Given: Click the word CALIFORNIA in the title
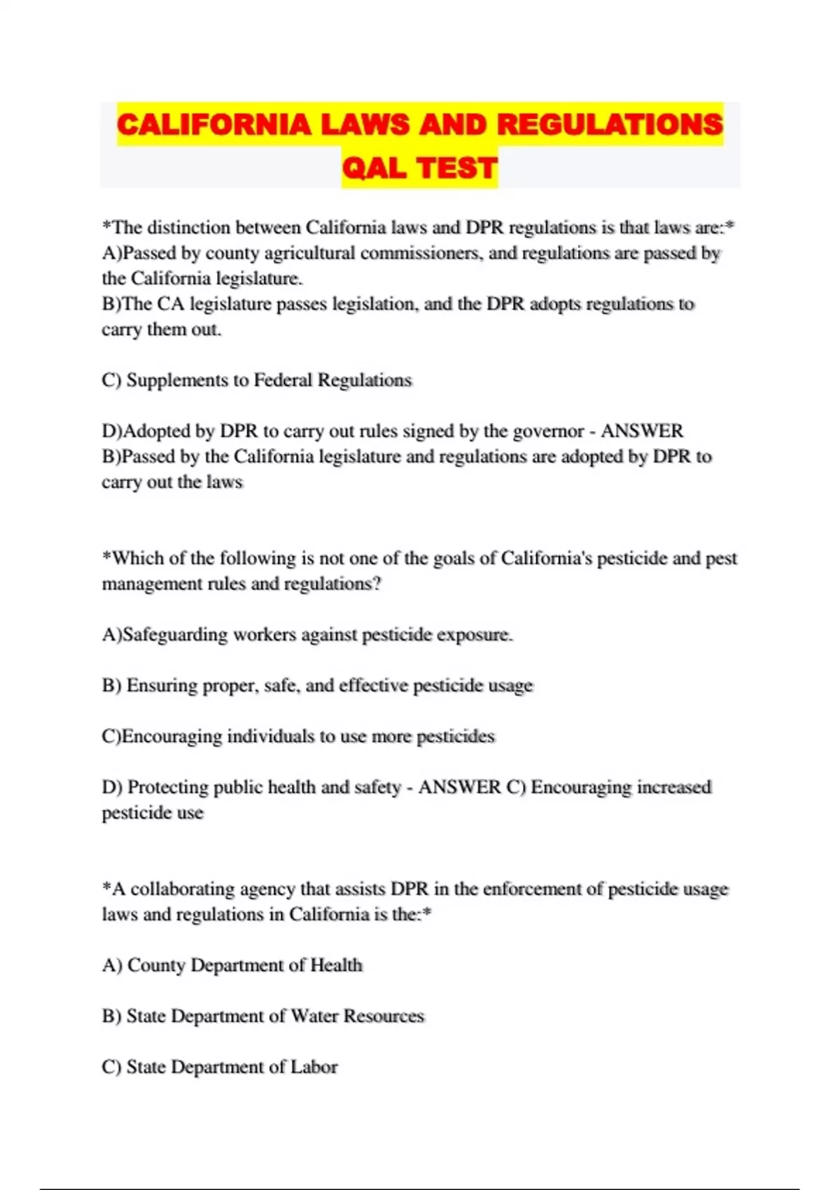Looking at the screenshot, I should (213, 125).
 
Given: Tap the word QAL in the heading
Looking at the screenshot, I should (374, 168).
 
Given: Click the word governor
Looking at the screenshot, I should (549, 431).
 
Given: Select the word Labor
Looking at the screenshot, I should (314, 1067).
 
